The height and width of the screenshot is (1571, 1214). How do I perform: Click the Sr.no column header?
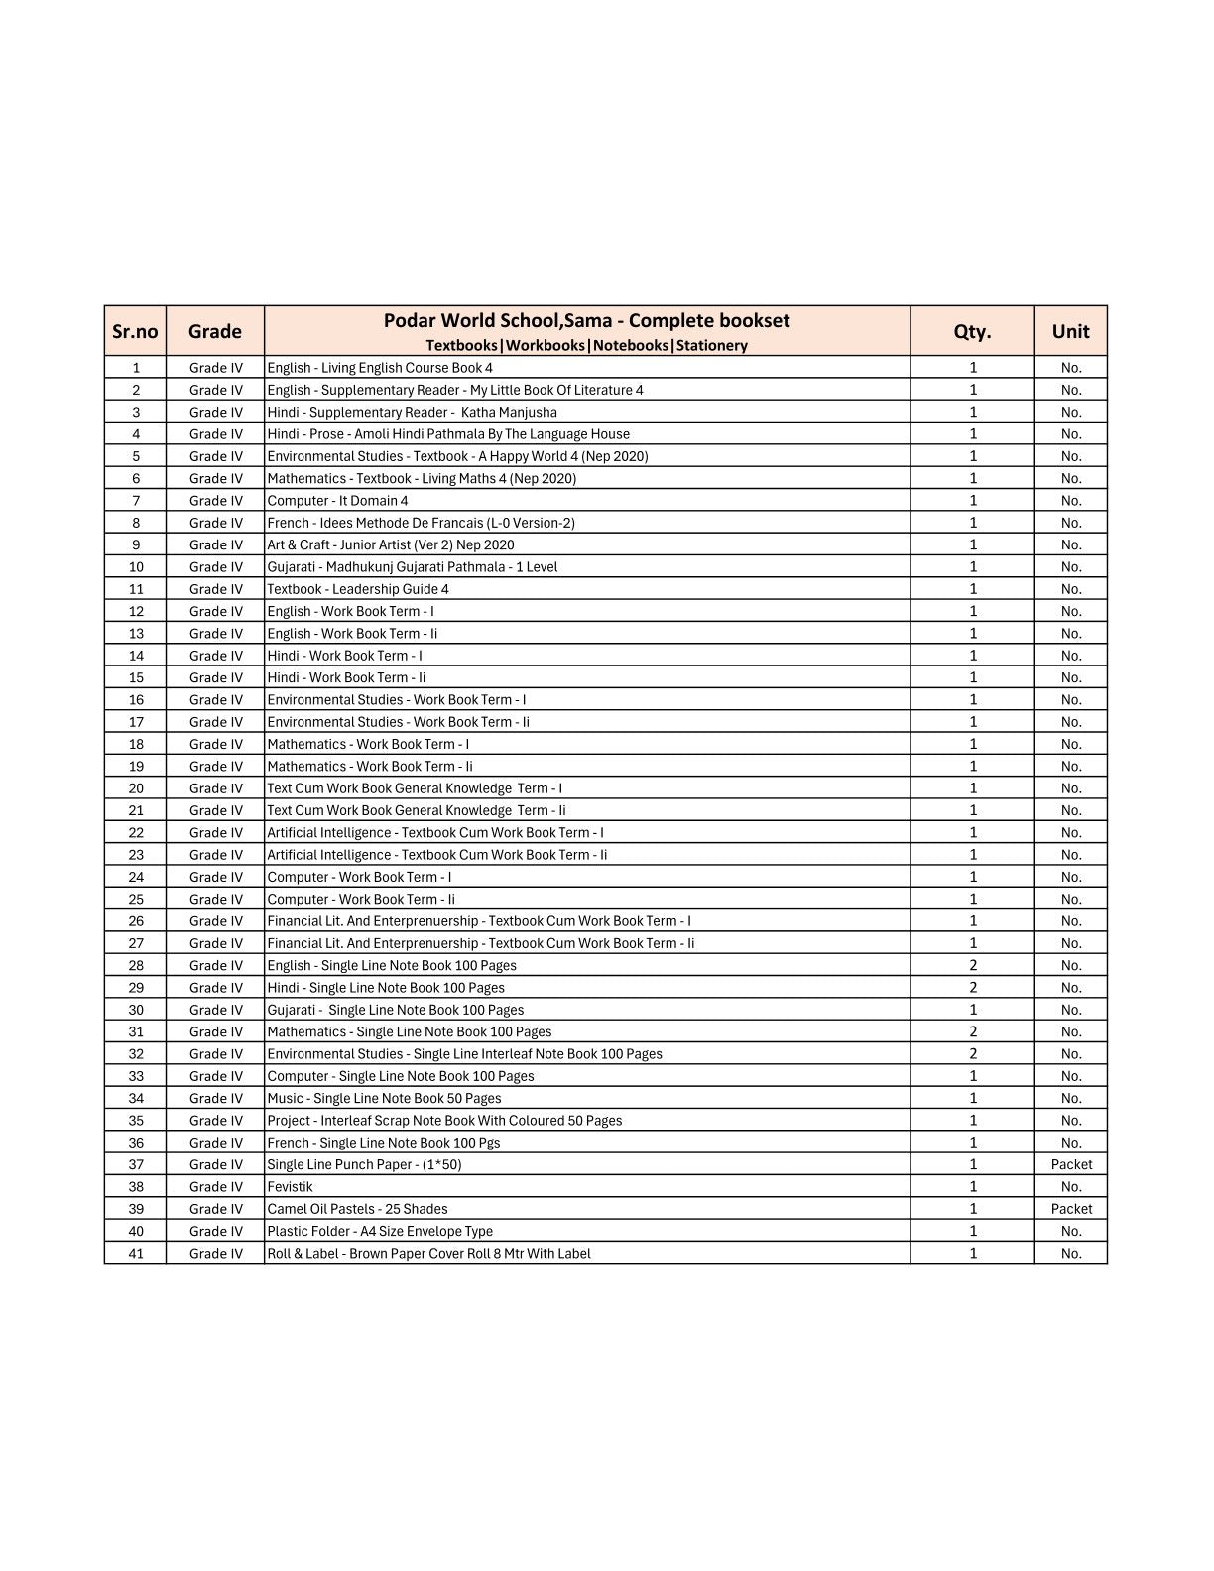135,331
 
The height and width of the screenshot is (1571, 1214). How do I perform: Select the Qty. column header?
972,331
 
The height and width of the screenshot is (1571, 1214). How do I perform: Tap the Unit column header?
1070,331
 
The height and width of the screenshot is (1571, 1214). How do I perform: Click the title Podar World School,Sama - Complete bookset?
586,320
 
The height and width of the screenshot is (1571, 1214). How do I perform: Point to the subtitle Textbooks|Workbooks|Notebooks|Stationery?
586,345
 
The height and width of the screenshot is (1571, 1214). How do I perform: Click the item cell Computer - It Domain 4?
337,501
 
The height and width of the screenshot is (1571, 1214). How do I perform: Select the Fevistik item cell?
290,1187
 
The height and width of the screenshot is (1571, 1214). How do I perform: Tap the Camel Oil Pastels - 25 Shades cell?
357,1209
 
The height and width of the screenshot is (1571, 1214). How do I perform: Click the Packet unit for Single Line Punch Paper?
1071,1164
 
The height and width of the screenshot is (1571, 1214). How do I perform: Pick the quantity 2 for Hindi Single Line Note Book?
972,988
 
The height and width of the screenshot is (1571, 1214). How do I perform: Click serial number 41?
136,1254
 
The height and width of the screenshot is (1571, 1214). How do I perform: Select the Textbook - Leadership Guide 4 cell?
358,589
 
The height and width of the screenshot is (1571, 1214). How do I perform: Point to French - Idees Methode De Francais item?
421,523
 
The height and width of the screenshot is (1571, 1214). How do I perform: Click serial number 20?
136,788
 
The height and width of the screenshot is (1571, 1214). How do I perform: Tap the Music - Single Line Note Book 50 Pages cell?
384,1098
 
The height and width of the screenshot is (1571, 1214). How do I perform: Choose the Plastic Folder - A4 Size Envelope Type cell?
380,1231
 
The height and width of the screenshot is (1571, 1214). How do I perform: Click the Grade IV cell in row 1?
215,368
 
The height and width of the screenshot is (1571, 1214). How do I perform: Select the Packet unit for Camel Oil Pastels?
1071,1209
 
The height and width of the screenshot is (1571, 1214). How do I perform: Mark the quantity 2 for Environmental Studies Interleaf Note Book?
972,1054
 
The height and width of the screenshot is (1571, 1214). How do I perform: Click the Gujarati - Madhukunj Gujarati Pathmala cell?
412,567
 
